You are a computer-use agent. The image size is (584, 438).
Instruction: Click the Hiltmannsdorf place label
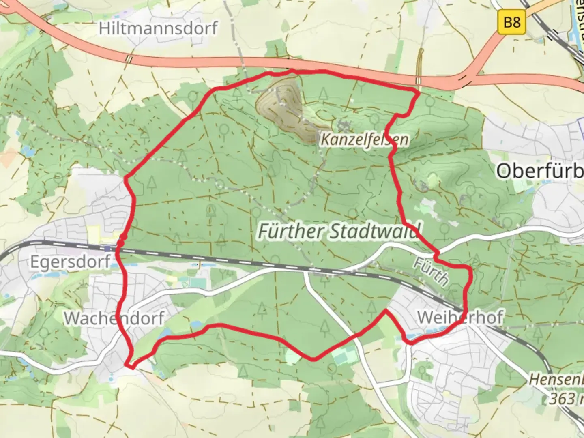pos(158,28)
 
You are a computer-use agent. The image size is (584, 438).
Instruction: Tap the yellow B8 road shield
pos(512,21)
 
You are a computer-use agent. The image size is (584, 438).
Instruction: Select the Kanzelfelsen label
pos(364,140)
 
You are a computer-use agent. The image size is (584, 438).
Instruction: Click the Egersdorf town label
pos(70,262)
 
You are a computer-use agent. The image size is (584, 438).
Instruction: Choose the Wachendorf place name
pos(114,318)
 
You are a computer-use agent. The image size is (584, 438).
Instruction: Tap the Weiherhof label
pos(460,317)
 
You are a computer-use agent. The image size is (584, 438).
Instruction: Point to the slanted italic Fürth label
pos(431,272)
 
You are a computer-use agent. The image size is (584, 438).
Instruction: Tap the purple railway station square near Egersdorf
pos(107,248)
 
